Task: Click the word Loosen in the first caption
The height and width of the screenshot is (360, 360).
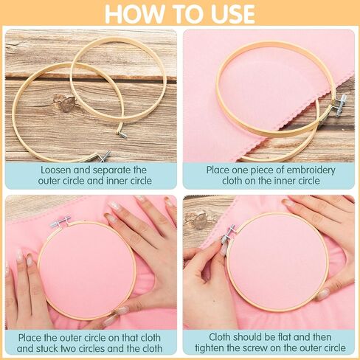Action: pyautogui.click(x=56, y=170)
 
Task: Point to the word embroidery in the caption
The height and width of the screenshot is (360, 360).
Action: pyautogui.click(x=311, y=170)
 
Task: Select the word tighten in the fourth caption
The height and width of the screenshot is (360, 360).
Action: pyautogui.click(x=210, y=348)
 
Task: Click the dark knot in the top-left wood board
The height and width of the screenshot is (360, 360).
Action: pyautogui.click(x=65, y=103)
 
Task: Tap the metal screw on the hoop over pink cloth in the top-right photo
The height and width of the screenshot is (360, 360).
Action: pyautogui.click(x=339, y=105)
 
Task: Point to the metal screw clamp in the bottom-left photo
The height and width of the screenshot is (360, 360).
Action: pyautogui.click(x=60, y=221)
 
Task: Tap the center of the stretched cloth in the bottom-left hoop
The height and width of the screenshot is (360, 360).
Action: pyautogui.click(x=87, y=270)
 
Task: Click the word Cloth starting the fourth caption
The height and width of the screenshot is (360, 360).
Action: pyautogui.click(x=220, y=337)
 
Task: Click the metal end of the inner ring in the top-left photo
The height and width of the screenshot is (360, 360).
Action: pyautogui.click(x=122, y=134)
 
